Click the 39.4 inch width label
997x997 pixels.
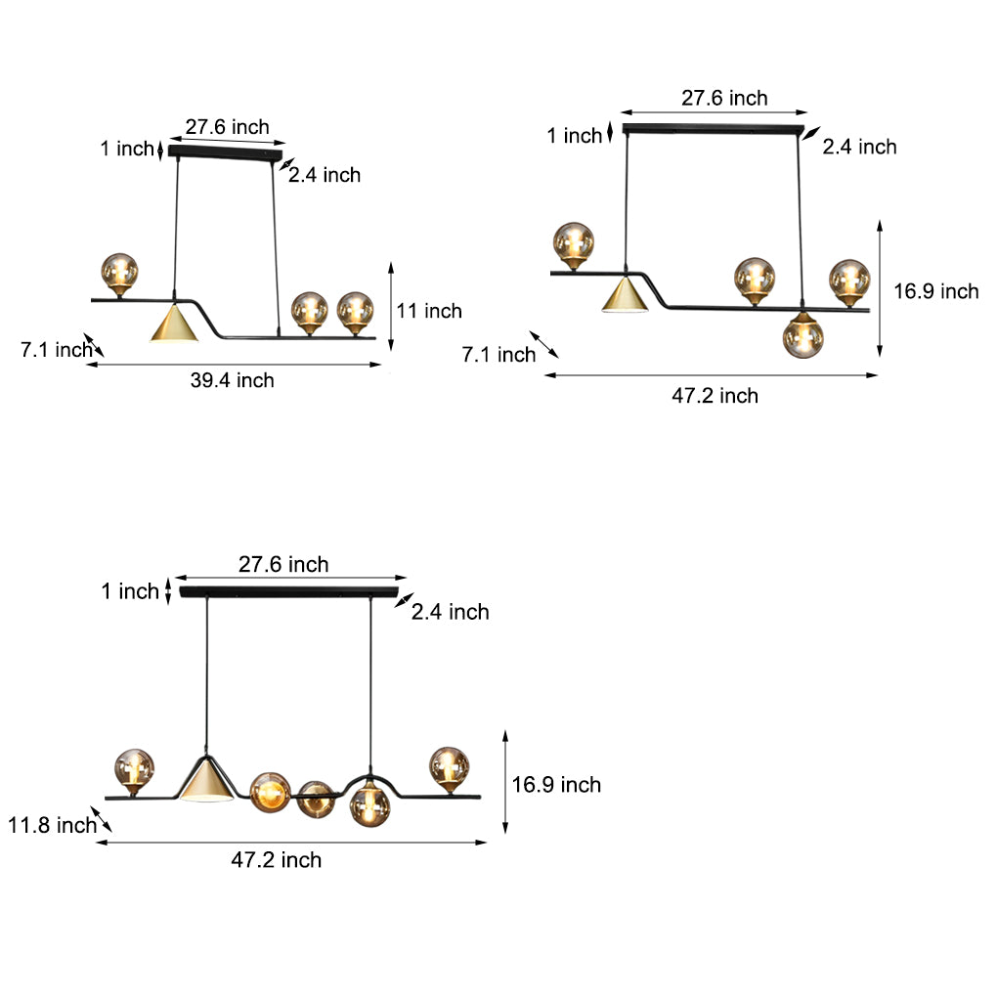point(232,380)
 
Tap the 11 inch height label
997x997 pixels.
point(429,311)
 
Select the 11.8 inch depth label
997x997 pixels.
point(52,825)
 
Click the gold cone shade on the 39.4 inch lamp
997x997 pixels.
point(174,323)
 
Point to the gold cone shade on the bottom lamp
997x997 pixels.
point(206,780)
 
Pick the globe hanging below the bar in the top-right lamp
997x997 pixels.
point(803,337)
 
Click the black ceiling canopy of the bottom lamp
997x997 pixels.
point(289,592)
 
